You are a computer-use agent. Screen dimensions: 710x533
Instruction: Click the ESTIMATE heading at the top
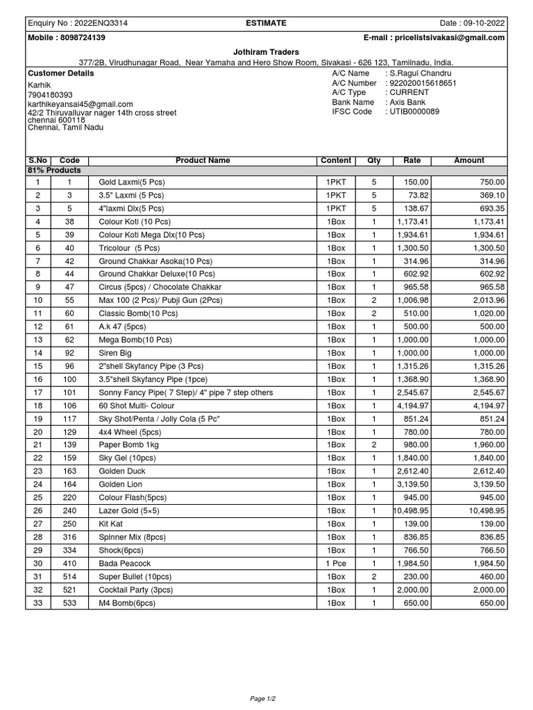[x=266, y=23]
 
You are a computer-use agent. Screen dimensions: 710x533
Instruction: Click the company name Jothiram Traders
[x=266, y=52]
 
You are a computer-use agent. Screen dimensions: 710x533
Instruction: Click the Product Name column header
[x=203, y=160]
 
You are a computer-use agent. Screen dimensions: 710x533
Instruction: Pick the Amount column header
[x=468, y=160]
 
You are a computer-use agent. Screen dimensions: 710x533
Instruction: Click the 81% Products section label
[x=54, y=170]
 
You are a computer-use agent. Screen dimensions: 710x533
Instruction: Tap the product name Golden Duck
[x=121, y=471]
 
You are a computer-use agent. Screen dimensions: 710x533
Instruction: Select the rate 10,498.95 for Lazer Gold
[x=412, y=511]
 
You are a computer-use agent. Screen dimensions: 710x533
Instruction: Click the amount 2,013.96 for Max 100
[x=487, y=300]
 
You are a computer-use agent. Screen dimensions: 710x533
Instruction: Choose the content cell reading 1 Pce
[x=335, y=564]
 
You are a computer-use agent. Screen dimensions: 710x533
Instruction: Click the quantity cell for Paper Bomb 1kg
[x=373, y=445]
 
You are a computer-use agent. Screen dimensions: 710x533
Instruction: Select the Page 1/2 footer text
[x=266, y=698]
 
